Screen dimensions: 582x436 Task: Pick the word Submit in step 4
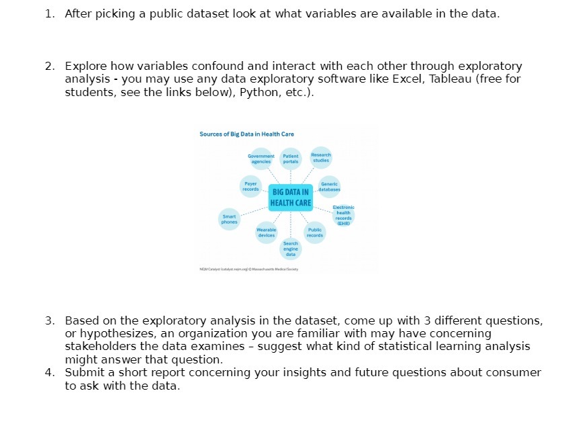(83, 372)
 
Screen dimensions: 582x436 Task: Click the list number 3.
(49, 320)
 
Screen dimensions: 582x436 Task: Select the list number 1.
(49, 14)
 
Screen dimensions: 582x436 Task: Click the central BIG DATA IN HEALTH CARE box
(291, 198)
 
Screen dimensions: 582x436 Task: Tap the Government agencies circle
(260, 159)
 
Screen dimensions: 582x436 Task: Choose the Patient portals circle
(291, 159)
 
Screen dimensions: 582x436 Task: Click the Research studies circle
(321, 157)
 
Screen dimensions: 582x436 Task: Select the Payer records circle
(250, 185)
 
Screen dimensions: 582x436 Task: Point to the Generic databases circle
(330, 186)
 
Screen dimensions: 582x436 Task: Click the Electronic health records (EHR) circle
(343, 215)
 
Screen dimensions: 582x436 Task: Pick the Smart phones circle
(229, 219)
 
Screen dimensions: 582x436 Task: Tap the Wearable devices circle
(266, 232)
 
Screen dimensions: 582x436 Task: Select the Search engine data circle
(291, 249)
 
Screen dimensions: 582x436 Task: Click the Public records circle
(314, 232)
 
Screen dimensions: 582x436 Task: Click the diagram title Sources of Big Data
(246, 134)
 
